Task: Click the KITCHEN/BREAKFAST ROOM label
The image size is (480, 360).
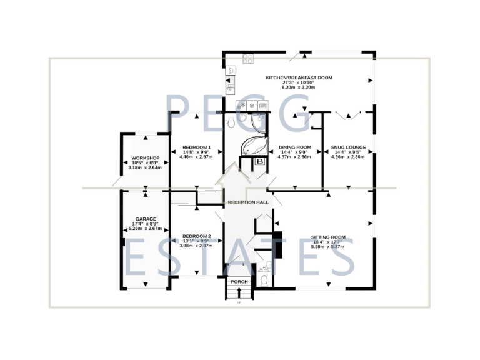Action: point(299,77)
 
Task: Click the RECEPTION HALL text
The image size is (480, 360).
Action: point(248,202)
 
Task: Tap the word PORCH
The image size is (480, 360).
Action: point(239,282)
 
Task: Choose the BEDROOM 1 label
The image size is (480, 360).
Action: point(196,147)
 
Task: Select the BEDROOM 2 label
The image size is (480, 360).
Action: point(196,236)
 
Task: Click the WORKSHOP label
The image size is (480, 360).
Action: point(145,157)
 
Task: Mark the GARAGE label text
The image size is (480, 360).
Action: point(145,219)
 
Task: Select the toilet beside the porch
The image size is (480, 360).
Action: point(264,280)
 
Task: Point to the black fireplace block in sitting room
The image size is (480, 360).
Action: point(279,245)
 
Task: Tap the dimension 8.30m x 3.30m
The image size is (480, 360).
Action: point(299,87)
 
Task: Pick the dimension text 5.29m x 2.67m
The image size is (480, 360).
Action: point(145,229)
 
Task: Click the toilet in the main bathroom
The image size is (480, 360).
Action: point(232,121)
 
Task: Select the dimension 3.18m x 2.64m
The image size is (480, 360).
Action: point(145,167)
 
